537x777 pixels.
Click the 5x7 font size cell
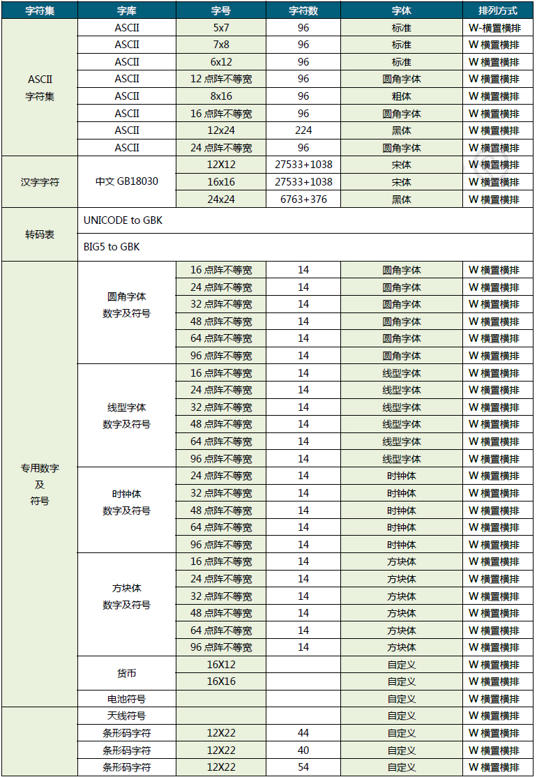pyautogui.click(x=221, y=28)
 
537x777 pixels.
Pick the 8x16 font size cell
pyautogui.click(x=221, y=96)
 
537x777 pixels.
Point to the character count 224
pyautogui.click(x=303, y=130)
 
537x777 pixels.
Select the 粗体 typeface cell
pyautogui.click(x=402, y=96)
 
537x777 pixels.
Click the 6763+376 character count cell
pyautogui.click(x=303, y=199)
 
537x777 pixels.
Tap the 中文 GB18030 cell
pyautogui.click(x=127, y=182)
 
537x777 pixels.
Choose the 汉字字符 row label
pyautogui.click(x=40, y=182)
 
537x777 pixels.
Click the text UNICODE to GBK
pyautogui.click(x=123, y=220)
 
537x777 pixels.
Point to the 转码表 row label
pyautogui.click(x=40, y=234)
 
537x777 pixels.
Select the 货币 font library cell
pyautogui.click(x=127, y=673)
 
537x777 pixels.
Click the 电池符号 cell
pyautogui.click(x=127, y=699)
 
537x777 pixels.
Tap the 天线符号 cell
pyautogui.click(x=127, y=716)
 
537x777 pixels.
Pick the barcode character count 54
pyautogui.click(x=303, y=767)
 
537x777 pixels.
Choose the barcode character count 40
pyautogui.click(x=303, y=750)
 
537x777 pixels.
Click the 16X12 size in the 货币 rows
pyautogui.click(x=221, y=665)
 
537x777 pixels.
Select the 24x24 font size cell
pyautogui.click(x=221, y=199)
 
